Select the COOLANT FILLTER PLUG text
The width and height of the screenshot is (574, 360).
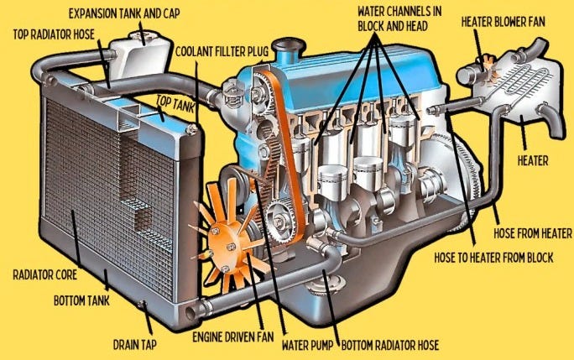click(x=223, y=50)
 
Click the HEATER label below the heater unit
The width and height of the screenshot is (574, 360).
click(x=533, y=159)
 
